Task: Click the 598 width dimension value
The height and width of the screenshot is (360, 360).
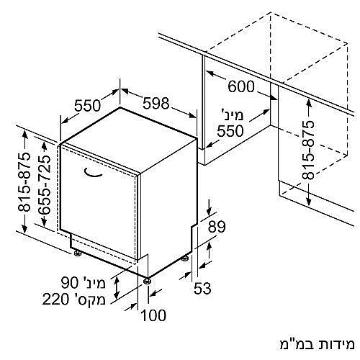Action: click(156, 104)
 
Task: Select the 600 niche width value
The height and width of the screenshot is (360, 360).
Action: click(241, 86)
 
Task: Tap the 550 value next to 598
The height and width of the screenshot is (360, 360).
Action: click(87, 105)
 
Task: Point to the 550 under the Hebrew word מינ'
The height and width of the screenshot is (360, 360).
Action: click(230, 131)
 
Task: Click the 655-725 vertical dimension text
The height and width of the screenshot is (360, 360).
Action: click(45, 184)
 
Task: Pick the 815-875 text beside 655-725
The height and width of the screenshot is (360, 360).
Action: click(24, 182)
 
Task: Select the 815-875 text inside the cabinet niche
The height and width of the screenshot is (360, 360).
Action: click(308, 150)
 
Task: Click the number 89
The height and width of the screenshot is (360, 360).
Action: click(217, 227)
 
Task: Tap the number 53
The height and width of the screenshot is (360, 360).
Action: click(202, 288)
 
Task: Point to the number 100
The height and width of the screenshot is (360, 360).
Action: click(153, 315)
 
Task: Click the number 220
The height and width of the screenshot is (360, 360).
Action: click(55, 300)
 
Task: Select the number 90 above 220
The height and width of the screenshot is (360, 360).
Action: click(70, 282)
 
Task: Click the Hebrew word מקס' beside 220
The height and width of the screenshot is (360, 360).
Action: click(89, 299)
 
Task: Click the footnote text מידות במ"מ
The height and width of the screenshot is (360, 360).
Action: click(317, 344)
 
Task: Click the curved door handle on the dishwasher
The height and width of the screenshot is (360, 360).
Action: click(93, 174)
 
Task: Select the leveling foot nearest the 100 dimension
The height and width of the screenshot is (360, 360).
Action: click(147, 281)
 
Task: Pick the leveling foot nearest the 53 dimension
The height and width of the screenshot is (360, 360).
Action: click(185, 258)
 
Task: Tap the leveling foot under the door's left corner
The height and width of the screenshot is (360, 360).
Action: click(77, 253)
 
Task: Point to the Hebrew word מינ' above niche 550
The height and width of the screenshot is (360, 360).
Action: click(232, 114)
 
